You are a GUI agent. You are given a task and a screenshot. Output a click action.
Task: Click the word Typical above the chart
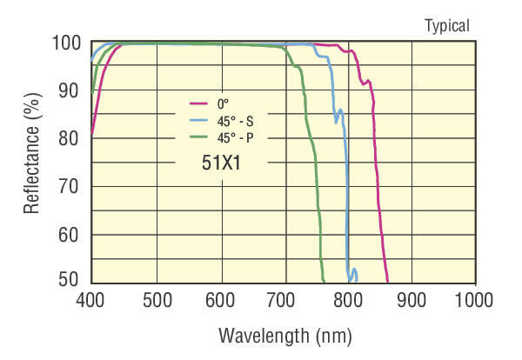coord(447,25)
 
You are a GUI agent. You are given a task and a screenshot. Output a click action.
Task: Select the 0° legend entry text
coord(223,103)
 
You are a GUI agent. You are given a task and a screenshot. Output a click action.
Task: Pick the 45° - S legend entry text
coord(236,119)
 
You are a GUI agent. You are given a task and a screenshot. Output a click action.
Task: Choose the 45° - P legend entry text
coord(236,136)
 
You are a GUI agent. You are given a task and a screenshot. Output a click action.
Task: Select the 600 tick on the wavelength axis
coord(221,300)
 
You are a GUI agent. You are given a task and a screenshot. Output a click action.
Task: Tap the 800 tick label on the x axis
coord(350,300)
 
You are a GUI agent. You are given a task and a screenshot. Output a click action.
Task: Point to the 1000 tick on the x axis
coord(475,300)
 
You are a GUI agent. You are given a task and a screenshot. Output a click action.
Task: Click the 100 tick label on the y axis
coord(66,43)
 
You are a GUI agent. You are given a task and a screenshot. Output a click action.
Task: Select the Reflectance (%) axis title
coord(32,162)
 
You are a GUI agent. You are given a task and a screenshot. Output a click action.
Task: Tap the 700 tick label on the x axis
coord(285,300)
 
